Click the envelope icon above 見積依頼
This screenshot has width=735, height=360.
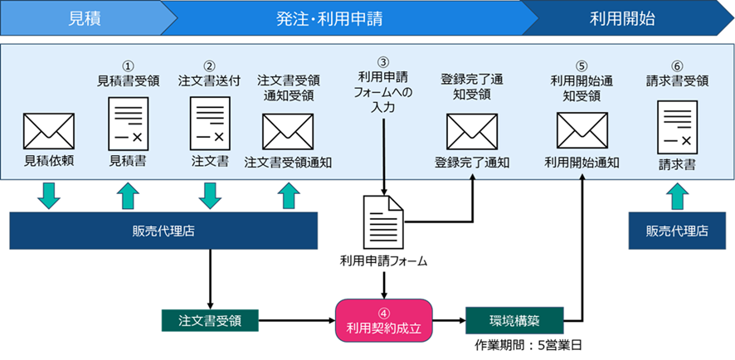tap(49, 131)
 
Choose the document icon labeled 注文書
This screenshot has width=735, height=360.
tap(209, 122)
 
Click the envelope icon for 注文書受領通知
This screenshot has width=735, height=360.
tap(288, 131)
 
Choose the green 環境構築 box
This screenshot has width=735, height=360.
tap(514, 319)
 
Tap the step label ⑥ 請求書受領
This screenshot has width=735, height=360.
tap(677, 74)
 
